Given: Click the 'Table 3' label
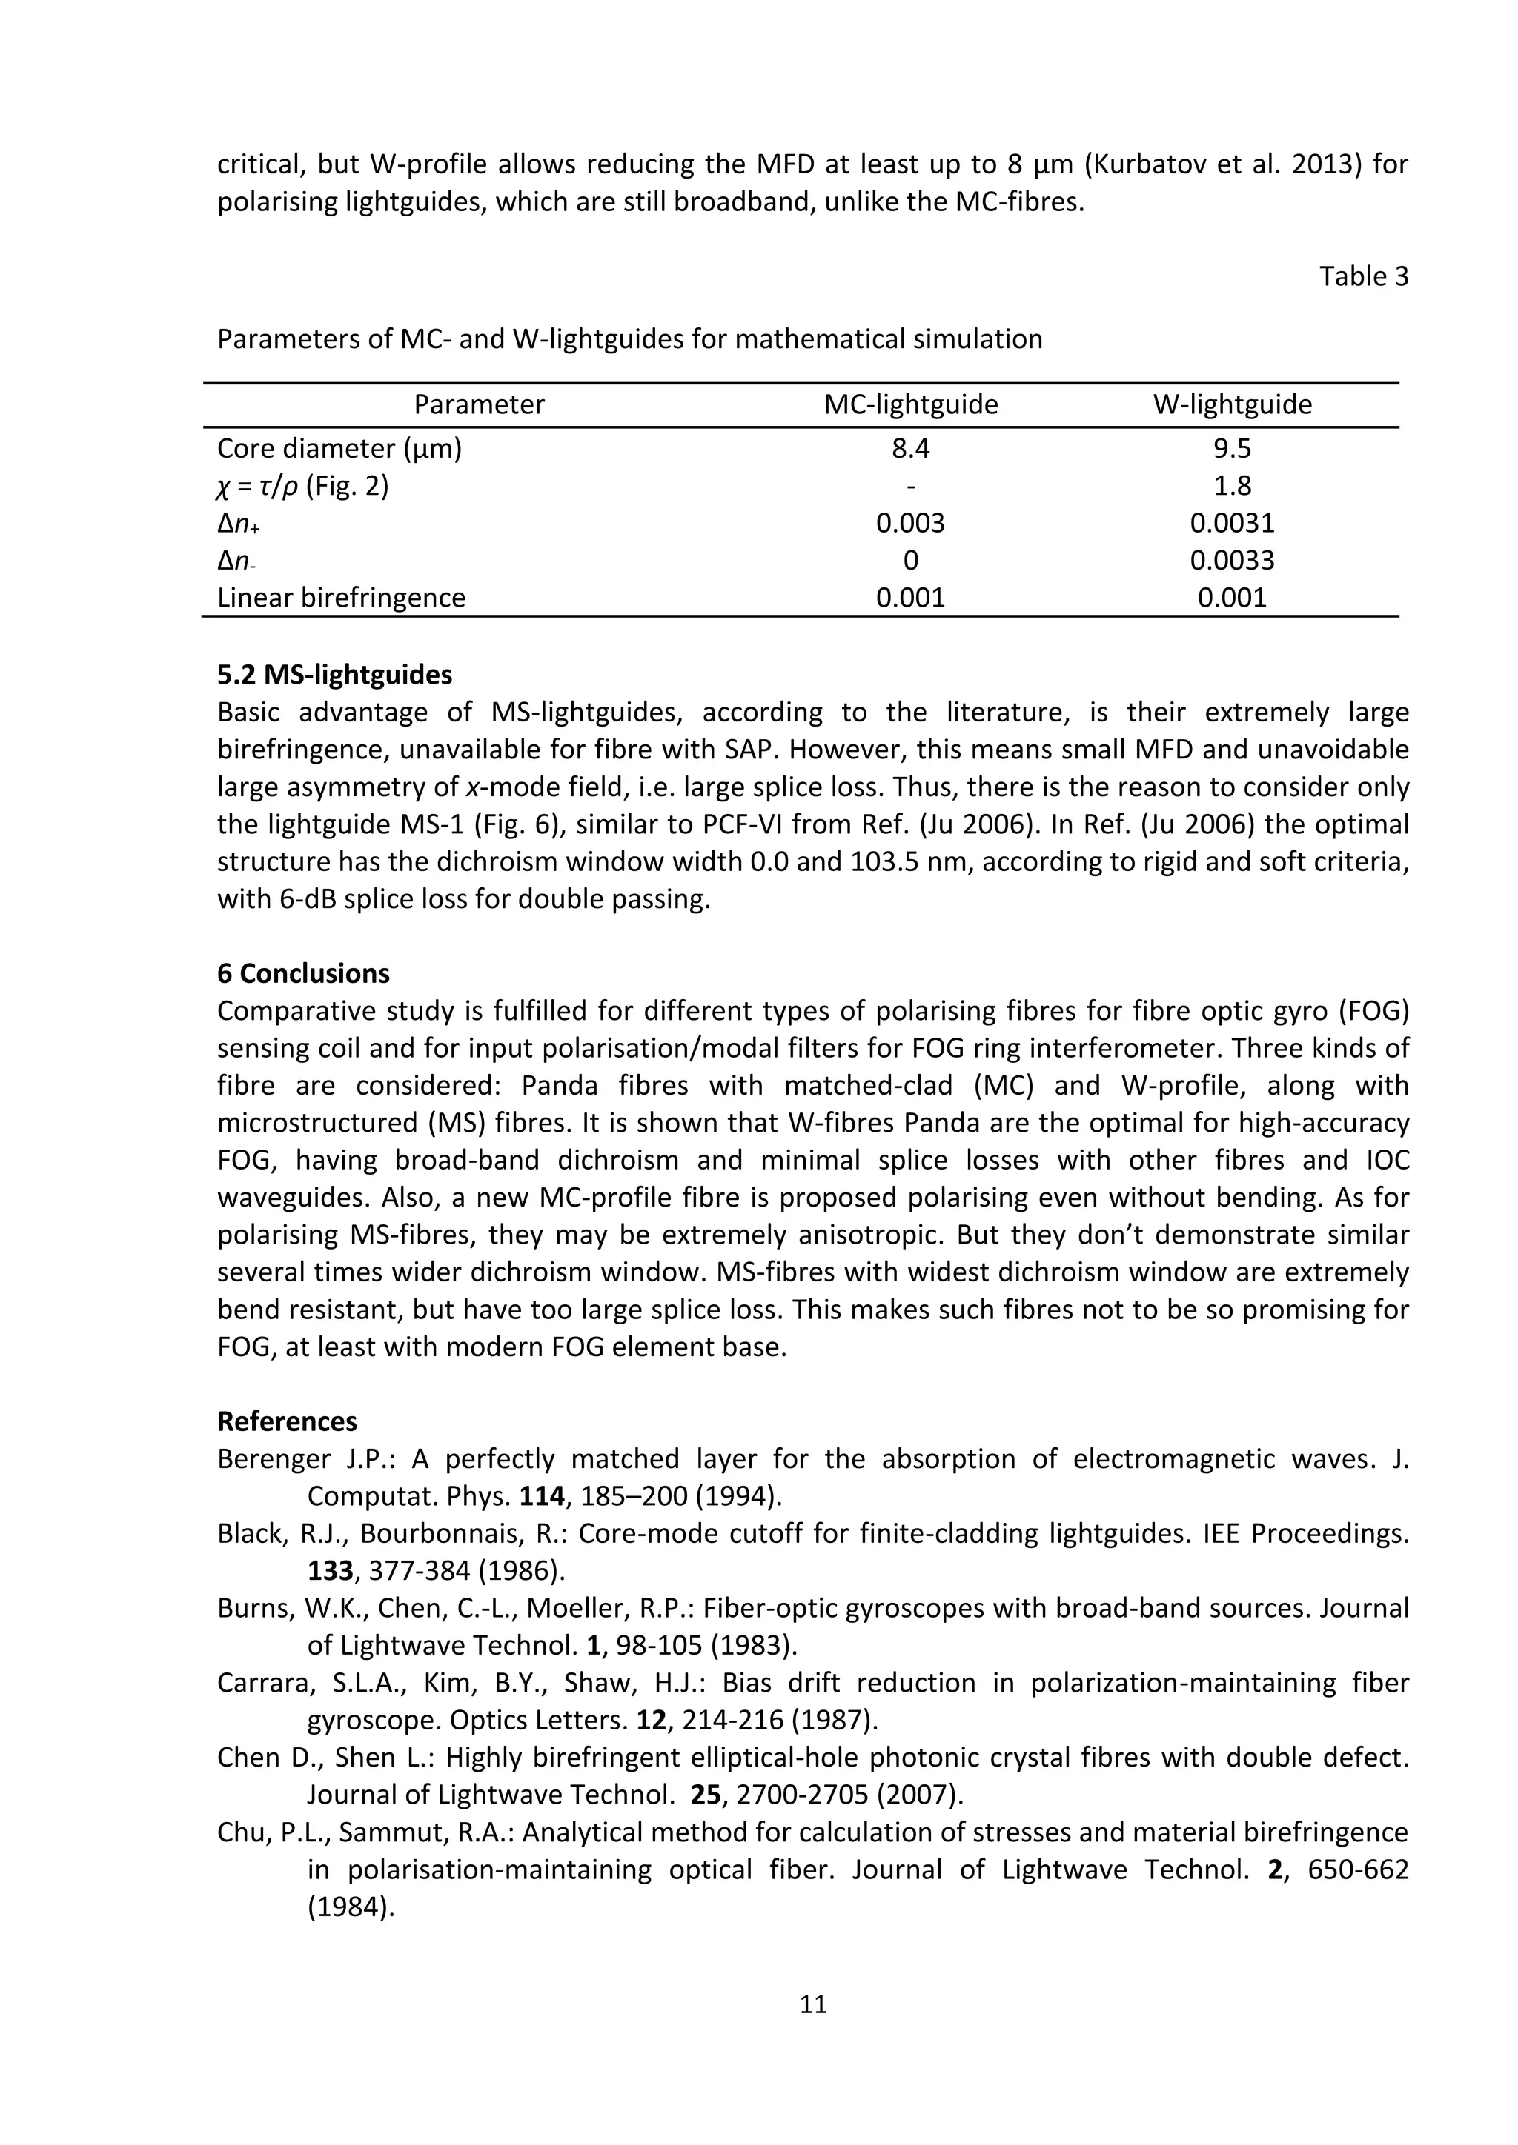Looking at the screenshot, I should point(1363,276).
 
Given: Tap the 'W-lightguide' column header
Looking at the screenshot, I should point(1231,404).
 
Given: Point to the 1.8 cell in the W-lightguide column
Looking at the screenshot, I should point(1231,486).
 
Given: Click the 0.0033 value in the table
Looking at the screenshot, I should point(1231,561).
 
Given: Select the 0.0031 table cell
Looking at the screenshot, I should point(1231,523).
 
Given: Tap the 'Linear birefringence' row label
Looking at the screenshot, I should point(341,598).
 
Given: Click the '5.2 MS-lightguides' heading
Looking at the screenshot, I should point(334,675).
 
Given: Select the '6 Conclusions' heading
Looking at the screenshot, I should point(303,973).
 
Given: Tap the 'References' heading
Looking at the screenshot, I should point(287,1421).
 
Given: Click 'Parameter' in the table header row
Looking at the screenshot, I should point(479,404).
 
